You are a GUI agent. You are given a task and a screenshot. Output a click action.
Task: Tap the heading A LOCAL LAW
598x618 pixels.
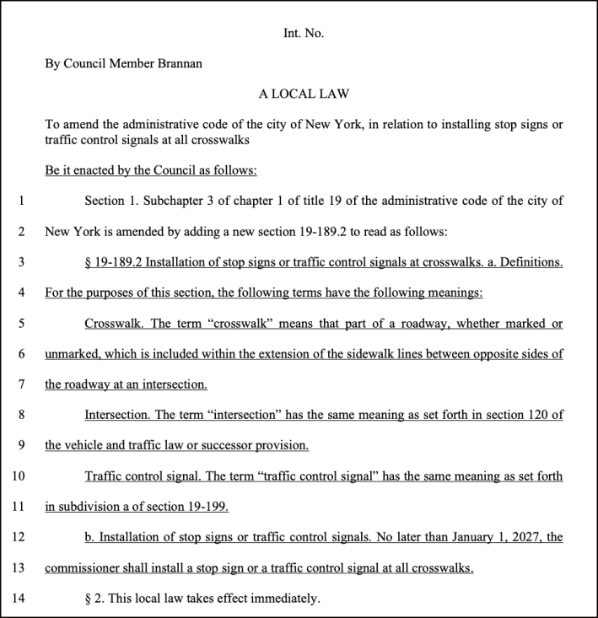click(x=304, y=94)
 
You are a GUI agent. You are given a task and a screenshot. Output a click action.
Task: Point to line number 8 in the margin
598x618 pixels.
click(x=20, y=415)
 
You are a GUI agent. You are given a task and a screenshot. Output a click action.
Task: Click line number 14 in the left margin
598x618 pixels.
click(x=20, y=599)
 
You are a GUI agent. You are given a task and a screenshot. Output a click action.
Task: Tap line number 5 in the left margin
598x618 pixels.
click(x=20, y=324)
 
